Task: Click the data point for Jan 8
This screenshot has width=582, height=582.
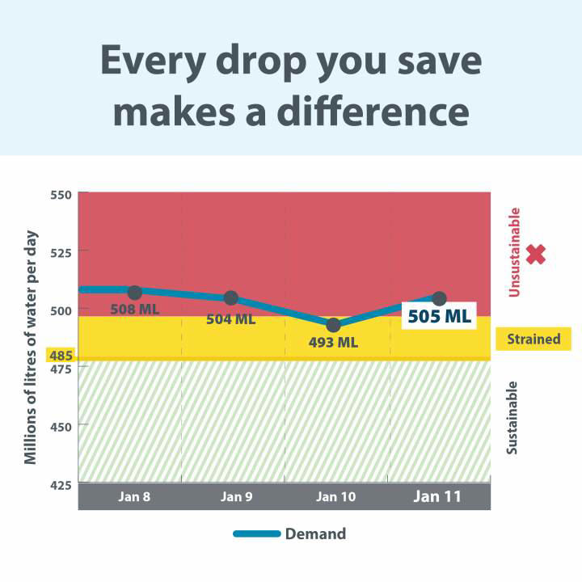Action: click(135, 292)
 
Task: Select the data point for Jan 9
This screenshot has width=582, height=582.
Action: click(230, 298)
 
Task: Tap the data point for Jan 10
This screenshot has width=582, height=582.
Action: click(333, 325)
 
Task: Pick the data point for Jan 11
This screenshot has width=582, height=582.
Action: click(440, 299)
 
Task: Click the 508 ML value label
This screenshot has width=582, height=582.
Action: click(134, 310)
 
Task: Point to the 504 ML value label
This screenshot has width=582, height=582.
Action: click(230, 319)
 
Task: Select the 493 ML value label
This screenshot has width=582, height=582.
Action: click(333, 342)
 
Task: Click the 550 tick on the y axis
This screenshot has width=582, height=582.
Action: click(62, 195)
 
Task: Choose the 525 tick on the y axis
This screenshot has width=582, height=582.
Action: click(62, 252)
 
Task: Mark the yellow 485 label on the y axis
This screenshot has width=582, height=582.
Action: click(61, 356)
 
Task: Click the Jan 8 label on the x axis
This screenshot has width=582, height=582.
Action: click(134, 496)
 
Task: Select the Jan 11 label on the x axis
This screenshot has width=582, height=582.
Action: click(437, 496)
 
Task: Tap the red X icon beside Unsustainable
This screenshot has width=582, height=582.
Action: click(536, 255)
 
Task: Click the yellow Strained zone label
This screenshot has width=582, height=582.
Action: click(533, 339)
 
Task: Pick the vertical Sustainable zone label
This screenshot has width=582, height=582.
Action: click(512, 417)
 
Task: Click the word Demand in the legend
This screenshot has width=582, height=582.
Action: click(315, 533)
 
